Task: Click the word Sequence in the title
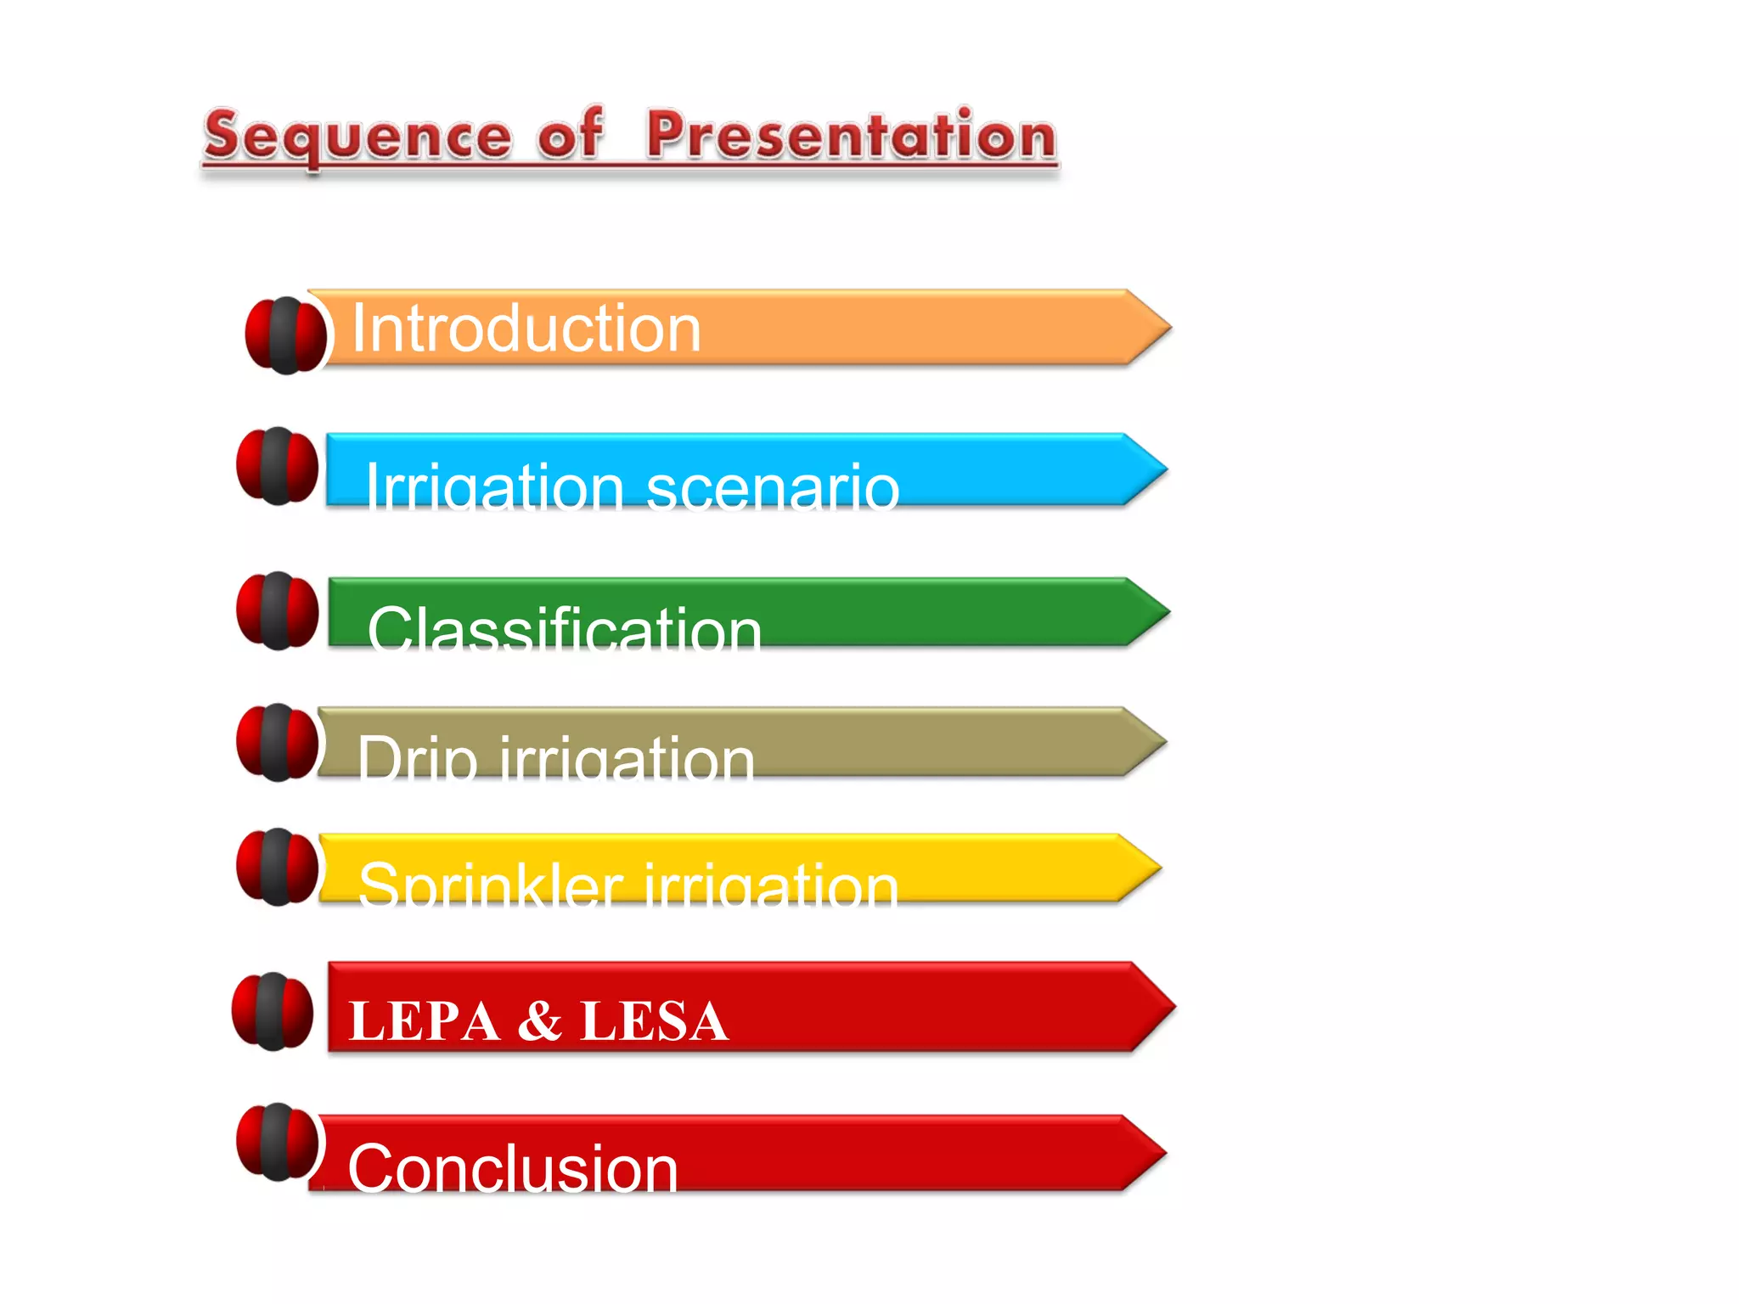tap(357, 138)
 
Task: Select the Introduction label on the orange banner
tap(526, 329)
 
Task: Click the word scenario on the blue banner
tap(772, 488)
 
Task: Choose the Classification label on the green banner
tap(564, 628)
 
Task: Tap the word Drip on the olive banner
tap(415, 757)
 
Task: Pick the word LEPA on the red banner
tap(424, 1020)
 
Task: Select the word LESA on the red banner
tap(654, 1020)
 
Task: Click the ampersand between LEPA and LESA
tap(540, 1020)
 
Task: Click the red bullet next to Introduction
tap(285, 335)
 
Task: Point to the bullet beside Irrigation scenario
tap(278, 466)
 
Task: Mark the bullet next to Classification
tap(278, 611)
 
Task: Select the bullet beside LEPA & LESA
tap(273, 1011)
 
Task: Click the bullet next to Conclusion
tap(278, 1142)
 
